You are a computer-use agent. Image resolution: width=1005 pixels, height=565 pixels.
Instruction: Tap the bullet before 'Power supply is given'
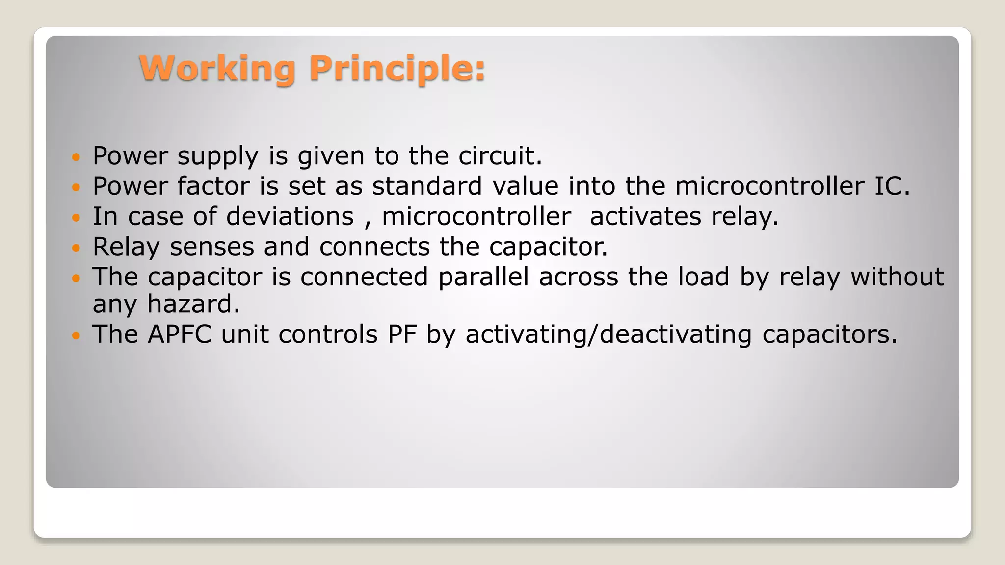pyautogui.click(x=75, y=157)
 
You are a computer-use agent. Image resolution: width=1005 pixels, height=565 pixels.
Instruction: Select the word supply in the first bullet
pyautogui.click(x=217, y=157)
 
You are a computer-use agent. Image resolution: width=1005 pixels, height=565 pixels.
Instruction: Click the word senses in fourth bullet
pyautogui.click(x=212, y=247)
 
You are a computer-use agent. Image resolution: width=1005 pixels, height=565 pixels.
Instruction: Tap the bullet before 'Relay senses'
pyautogui.click(x=75, y=248)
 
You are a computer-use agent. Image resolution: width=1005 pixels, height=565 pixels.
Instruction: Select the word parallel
pyautogui.click(x=483, y=277)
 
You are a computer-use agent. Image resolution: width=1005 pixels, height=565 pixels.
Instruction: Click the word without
pyautogui.click(x=897, y=277)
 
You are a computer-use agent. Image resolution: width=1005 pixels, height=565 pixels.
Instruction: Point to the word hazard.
pyautogui.click(x=193, y=304)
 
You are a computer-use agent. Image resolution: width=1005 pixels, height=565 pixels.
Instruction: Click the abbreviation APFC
pyautogui.click(x=180, y=334)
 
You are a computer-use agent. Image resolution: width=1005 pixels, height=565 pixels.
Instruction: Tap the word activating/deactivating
pyautogui.click(x=608, y=334)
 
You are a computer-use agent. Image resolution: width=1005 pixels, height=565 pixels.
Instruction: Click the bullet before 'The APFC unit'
pyautogui.click(x=75, y=336)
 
